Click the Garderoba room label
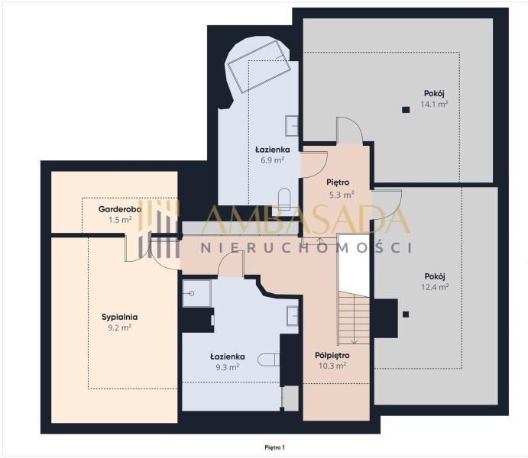tap(120, 209)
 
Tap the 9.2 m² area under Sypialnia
tap(119, 327)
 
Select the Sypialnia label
tap(119, 317)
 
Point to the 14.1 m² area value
tap(434, 104)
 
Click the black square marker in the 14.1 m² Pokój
tap(406, 110)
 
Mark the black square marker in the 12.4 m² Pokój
tap(406, 314)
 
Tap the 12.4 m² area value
tap(435, 287)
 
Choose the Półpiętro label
tap(332, 355)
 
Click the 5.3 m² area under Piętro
tap(342, 195)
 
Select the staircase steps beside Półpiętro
tap(354, 318)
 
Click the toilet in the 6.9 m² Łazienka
tap(284, 199)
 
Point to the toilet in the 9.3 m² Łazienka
tap(269, 360)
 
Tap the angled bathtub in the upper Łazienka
tap(259, 66)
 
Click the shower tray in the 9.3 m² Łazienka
tap(196, 293)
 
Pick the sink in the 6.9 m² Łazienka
tap(292, 126)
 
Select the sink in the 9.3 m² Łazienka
tap(293, 316)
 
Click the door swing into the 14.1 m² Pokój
tap(350, 131)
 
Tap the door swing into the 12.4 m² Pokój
tap(387, 205)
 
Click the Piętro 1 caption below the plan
tap(275, 447)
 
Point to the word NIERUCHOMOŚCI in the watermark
tap(306, 248)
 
